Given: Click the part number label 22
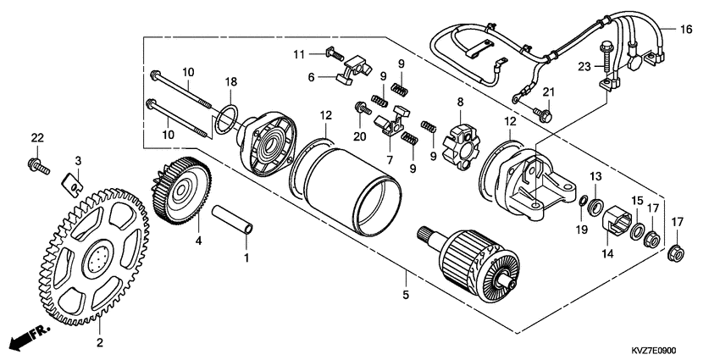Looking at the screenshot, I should (36, 138).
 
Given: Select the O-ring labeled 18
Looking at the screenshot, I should (224, 120).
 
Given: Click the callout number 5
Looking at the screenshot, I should (406, 296).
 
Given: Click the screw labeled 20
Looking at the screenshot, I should (360, 108).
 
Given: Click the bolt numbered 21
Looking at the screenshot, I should (540, 110).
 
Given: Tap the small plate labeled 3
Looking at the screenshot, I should (76, 179).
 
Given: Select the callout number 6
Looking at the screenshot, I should (311, 76).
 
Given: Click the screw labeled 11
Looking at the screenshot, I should (333, 54).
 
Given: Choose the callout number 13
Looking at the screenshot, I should (595, 175).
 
